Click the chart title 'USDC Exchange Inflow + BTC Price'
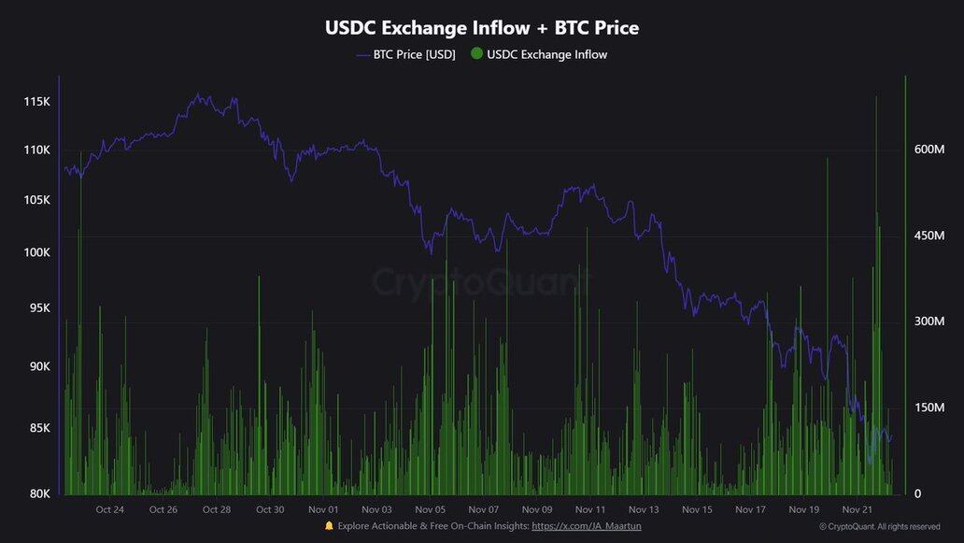(482, 28)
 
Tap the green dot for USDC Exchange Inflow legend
(476, 54)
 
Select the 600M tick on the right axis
(929, 150)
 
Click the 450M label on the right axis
(929, 236)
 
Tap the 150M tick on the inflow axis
(929, 407)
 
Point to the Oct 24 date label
(109, 509)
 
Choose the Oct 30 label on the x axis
(270, 509)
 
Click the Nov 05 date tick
(431, 509)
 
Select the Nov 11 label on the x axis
(590, 509)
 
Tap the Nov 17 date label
(751, 509)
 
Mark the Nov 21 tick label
(858, 509)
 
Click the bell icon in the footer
(329, 526)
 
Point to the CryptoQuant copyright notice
(879, 527)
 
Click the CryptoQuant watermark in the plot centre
(482, 281)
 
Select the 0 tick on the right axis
(917, 493)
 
